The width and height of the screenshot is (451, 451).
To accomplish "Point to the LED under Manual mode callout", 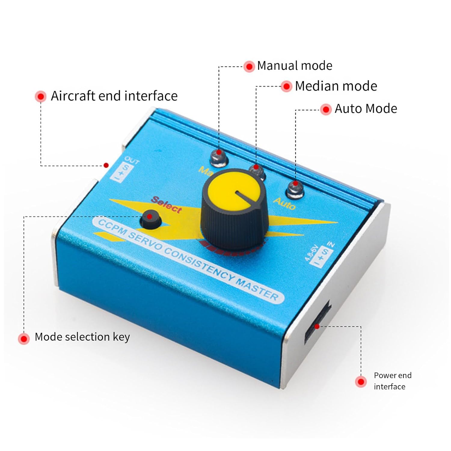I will pyautogui.click(x=219, y=157).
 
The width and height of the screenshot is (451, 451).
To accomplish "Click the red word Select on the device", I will pyautogui.click(x=167, y=204).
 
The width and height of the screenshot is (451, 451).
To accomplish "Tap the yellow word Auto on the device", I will pyautogui.click(x=284, y=204).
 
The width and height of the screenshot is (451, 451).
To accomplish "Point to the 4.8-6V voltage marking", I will pyautogui.click(x=311, y=253).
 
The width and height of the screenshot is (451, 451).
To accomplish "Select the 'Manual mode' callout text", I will pyautogui.click(x=295, y=66).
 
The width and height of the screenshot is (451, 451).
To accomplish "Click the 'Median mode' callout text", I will pyautogui.click(x=336, y=86).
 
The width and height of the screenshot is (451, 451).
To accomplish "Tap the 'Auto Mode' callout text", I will pyautogui.click(x=366, y=109).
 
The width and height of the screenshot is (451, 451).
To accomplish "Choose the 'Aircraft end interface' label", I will pyautogui.click(x=114, y=96).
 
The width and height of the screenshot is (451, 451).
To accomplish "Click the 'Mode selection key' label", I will pyautogui.click(x=82, y=337).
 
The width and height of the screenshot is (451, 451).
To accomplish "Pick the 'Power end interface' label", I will pyautogui.click(x=392, y=381).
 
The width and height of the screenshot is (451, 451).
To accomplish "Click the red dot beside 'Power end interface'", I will pyautogui.click(x=360, y=382).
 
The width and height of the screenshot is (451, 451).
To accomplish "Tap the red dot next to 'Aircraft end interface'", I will pyautogui.click(x=41, y=97).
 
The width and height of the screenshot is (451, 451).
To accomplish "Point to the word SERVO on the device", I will pyautogui.click(x=146, y=241).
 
